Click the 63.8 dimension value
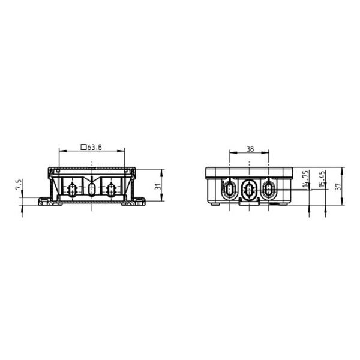(94, 147)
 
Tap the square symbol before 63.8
(83, 147)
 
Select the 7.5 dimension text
(19, 184)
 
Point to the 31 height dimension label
(157, 186)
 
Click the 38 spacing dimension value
(250, 149)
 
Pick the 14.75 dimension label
(305, 179)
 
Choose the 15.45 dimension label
(322, 179)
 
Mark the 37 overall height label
(338, 186)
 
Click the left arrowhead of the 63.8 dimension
(62, 151)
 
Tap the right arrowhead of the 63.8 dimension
(121, 151)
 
